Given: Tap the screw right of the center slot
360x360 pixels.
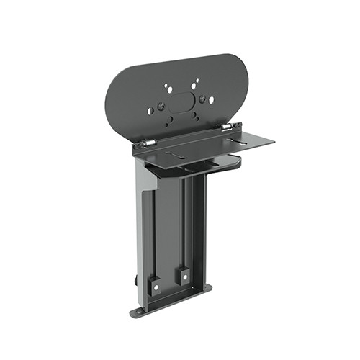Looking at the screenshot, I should tap(202, 99).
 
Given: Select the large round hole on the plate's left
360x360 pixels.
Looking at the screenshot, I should tap(150, 111).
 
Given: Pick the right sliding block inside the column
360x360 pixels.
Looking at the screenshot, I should tap(184, 275).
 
